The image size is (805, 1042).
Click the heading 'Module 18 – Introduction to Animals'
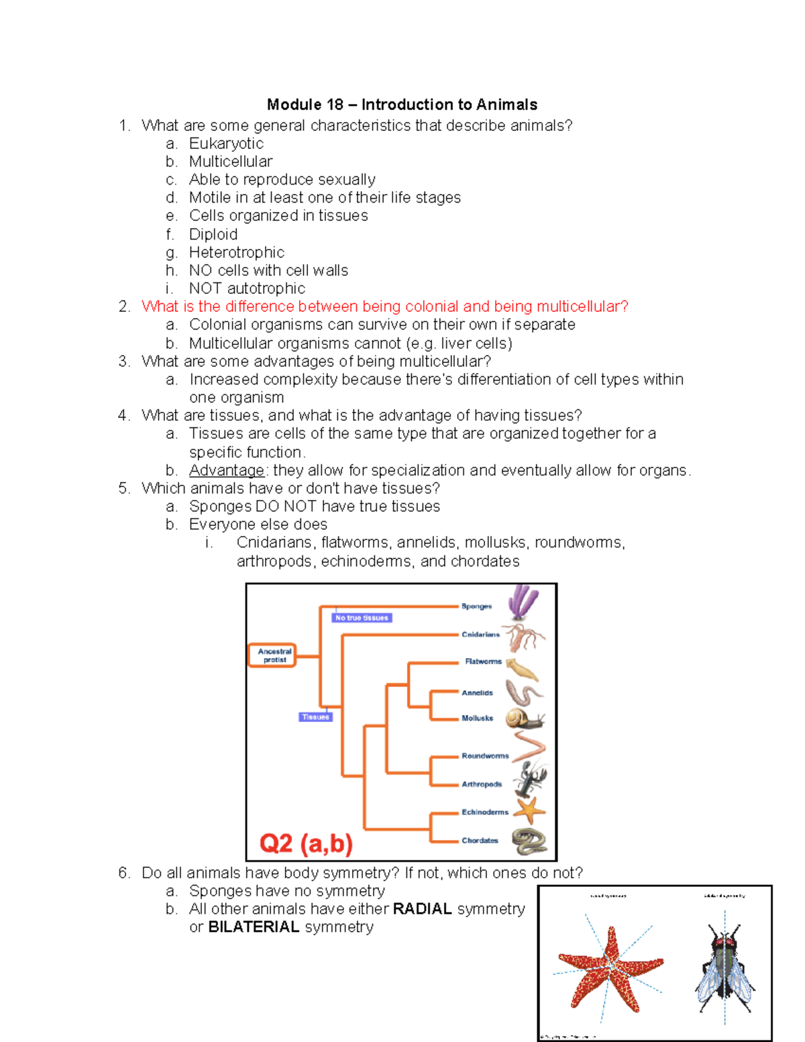click(x=402, y=105)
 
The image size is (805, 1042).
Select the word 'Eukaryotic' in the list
click(x=226, y=144)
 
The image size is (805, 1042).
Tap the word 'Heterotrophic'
click(x=236, y=252)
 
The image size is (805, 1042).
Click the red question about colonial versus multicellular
click(x=384, y=307)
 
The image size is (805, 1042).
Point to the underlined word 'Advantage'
click(x=227, y=470)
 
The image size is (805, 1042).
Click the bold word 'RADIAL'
click(x=422, y=909)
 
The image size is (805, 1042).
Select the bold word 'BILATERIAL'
click(x=254, y=927)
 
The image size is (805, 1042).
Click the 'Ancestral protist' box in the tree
click(x=274, y=656)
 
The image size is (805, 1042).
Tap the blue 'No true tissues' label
click(x=362, y=618)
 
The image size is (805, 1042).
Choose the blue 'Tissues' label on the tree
click(x=315, y=717)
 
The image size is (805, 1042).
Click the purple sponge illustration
click(x=523, y=602)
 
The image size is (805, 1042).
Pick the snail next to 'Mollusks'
click(x=524, y=719)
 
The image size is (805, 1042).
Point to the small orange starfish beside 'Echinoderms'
click(x=530, y=811)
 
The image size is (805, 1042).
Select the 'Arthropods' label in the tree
click(x=481, y=784)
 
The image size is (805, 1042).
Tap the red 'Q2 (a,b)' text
click(x=306, y=843)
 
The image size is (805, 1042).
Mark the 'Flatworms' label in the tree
click(x=483, y=662)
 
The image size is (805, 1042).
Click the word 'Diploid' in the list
click(x=213, y=234)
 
